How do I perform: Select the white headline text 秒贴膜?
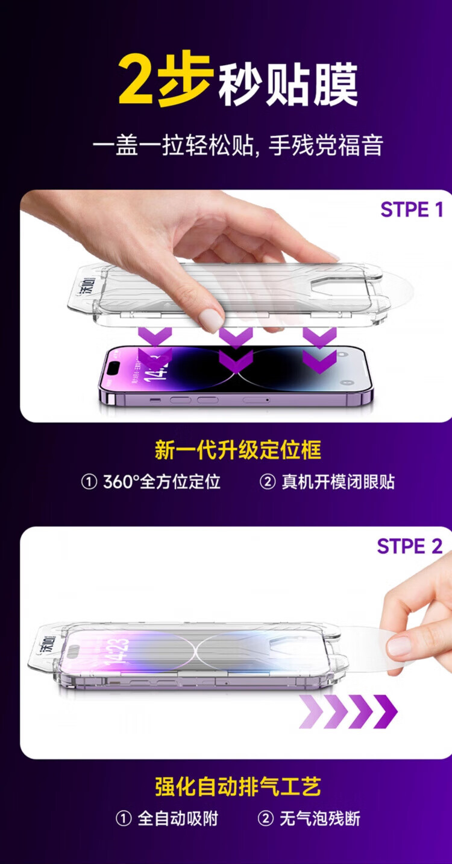point(288,85)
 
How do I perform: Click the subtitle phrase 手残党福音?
point(325,145)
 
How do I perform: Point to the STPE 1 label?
point(412,209)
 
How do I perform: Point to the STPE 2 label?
point(410,546)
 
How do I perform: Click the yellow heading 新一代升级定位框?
point(238,450)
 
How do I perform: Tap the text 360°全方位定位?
point(162,481)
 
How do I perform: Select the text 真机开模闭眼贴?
point(338,481)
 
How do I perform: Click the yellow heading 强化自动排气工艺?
point(238,787)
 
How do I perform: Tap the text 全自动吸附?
point(178,819)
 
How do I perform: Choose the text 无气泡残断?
point(320,819)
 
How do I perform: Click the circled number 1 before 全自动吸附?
point(124,819)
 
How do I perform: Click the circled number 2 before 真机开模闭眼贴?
point(267,482)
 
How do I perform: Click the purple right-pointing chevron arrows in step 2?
point(348,711)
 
